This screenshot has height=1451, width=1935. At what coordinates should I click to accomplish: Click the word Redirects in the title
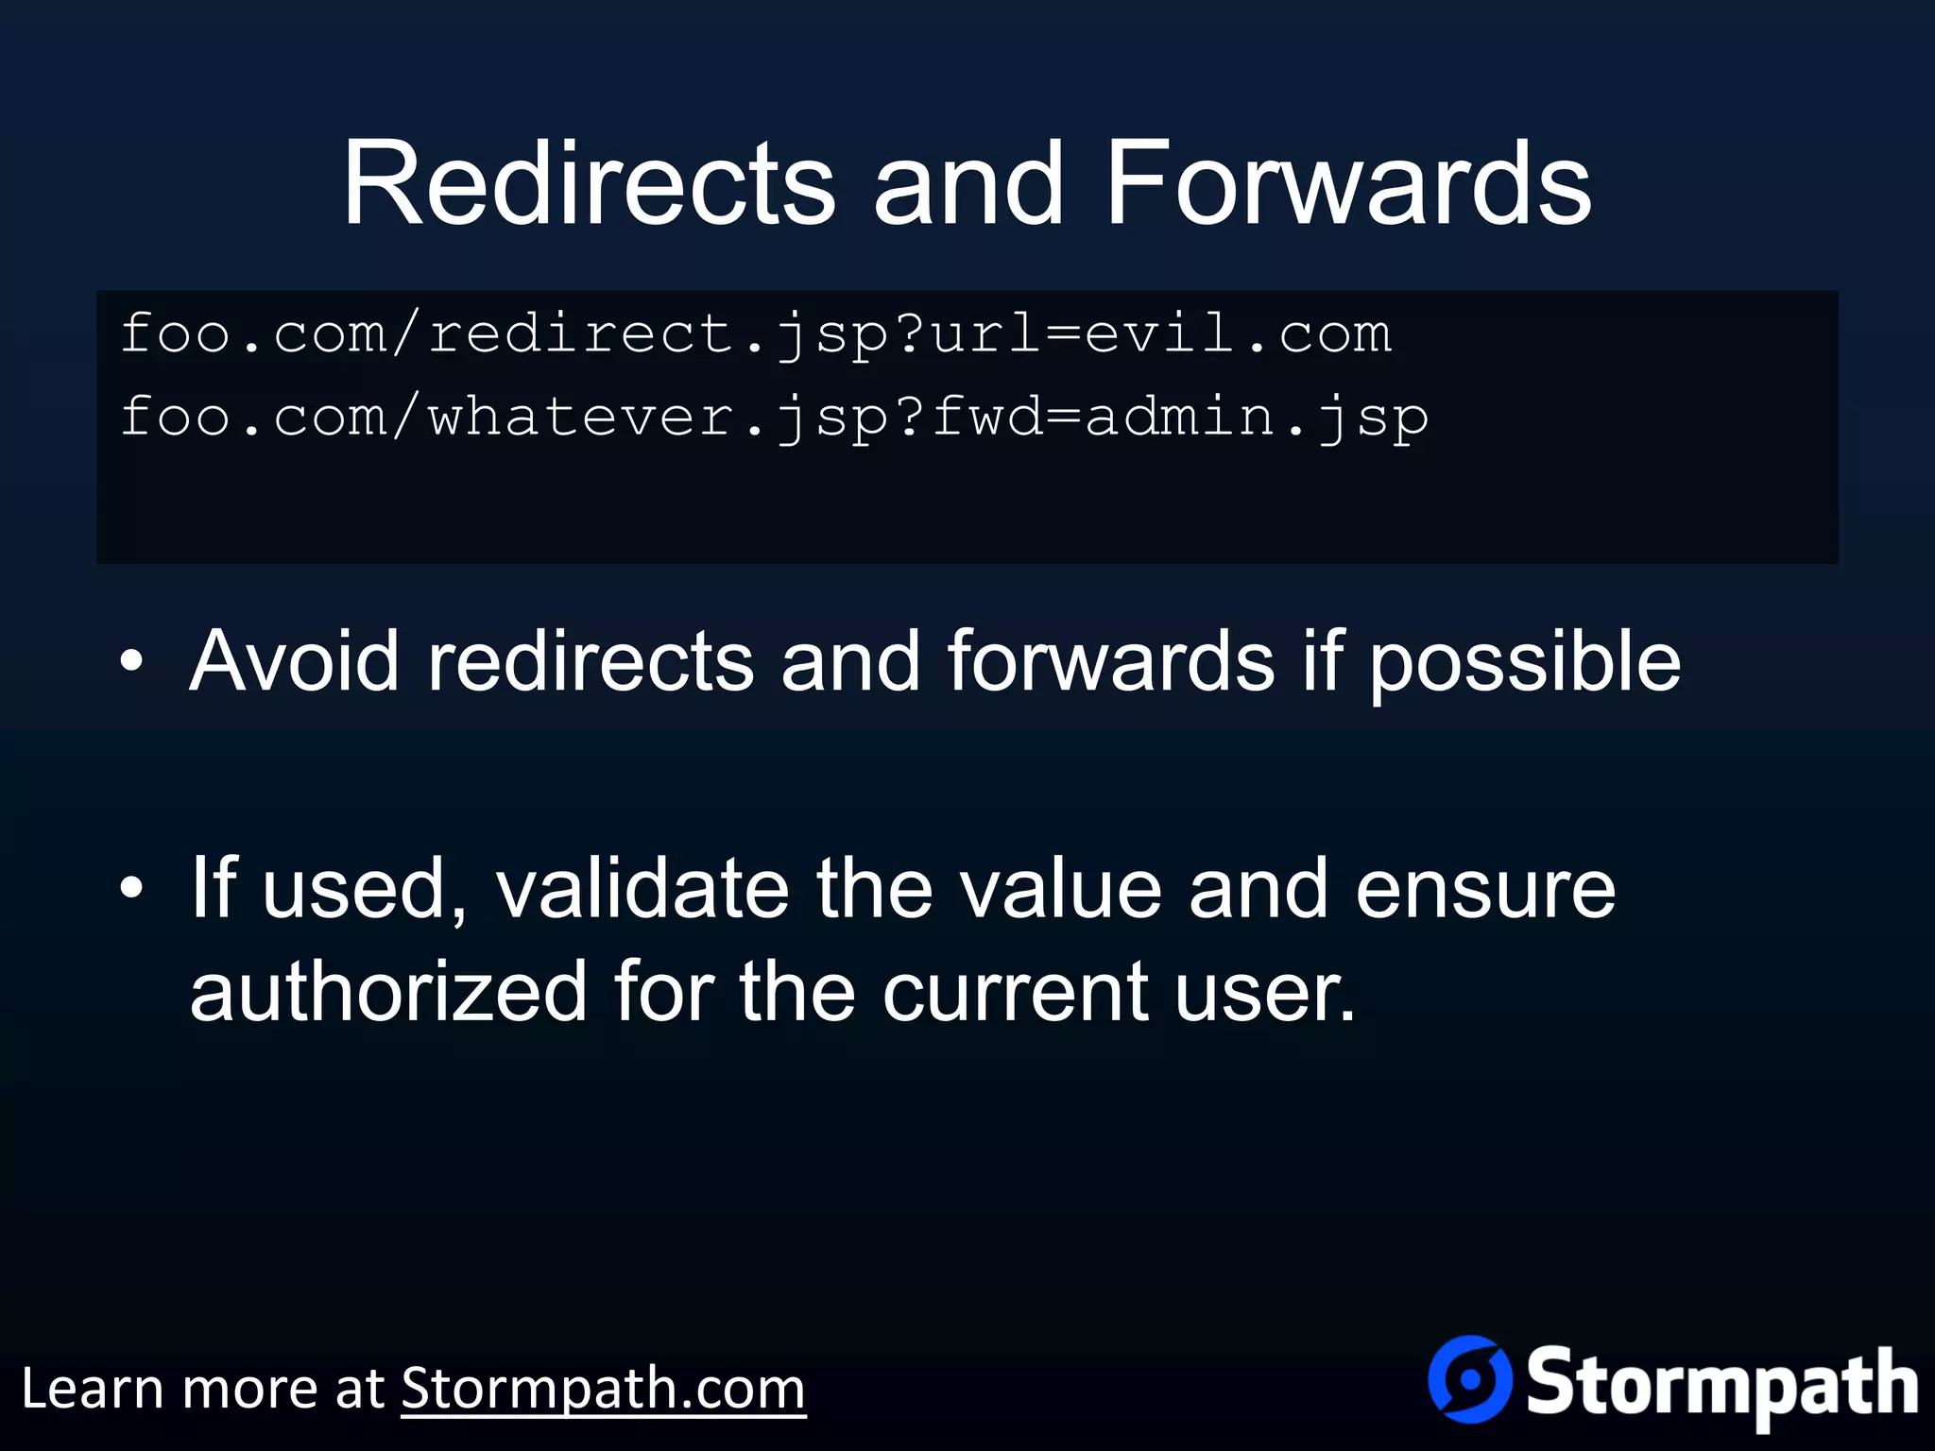pos(588,183)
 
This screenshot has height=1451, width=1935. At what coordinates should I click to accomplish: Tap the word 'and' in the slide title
pos(968,183)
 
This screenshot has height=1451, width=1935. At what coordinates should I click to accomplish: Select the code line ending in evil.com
pos(756,334)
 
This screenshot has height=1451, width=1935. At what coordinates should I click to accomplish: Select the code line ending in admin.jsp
pos(775,418)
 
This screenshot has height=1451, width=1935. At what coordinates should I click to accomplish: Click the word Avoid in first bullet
pos(294,661)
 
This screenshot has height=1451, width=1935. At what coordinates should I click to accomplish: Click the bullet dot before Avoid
pos(132,661)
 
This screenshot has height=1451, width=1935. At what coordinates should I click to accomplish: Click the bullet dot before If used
pos(132,889)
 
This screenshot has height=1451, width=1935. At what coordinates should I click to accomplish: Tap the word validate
pos(642,889)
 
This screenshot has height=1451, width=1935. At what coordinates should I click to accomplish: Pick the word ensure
pos(1485,889)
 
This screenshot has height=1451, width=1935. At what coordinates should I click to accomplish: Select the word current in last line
pos(1015,992)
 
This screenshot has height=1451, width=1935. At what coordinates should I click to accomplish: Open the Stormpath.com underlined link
pos(603,1390)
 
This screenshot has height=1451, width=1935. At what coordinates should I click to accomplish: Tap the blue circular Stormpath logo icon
pos(1470,1379)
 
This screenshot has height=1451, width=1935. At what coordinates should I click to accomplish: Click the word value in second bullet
pos(1060,889)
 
